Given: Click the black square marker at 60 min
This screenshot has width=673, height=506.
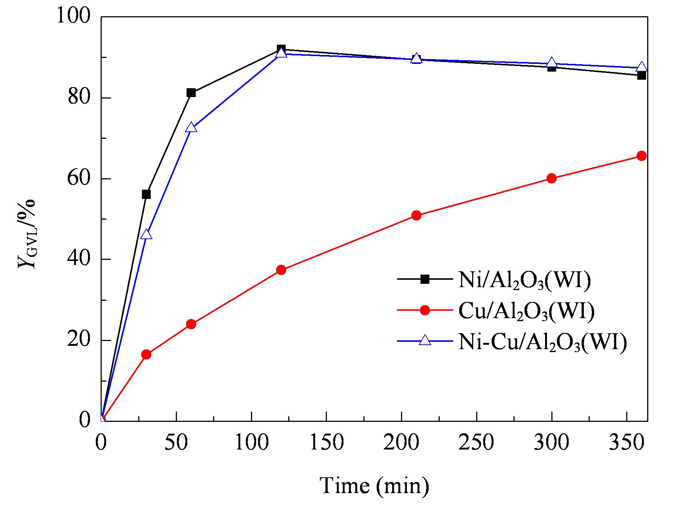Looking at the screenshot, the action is [191, 93].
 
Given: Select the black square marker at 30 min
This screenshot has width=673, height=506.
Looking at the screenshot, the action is [146, 194].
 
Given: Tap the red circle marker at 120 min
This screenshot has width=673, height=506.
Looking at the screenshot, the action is [281, 270].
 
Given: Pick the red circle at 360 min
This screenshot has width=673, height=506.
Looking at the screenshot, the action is [642, 156].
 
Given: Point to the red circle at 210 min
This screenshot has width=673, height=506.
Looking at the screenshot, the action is [416, 216].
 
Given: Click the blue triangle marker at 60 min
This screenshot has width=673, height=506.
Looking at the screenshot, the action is [191, 127].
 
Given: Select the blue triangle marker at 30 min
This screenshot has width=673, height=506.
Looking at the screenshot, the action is [146, 234].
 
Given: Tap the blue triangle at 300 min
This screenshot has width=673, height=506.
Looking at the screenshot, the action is [552, 62].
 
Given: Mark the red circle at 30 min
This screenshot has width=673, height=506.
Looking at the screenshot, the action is [146, 354].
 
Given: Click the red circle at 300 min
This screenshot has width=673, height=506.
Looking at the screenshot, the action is [552, 179].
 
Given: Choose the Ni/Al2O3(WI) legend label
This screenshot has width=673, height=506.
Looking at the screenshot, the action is [524, 280].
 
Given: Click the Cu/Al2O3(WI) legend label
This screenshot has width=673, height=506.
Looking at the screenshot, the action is [526, 311].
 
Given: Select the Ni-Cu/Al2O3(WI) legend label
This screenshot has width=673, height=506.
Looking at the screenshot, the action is [543, 343].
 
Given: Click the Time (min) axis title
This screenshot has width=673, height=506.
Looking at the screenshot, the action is [374, 486].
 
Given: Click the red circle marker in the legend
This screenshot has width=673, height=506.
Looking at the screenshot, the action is [425, 310].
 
